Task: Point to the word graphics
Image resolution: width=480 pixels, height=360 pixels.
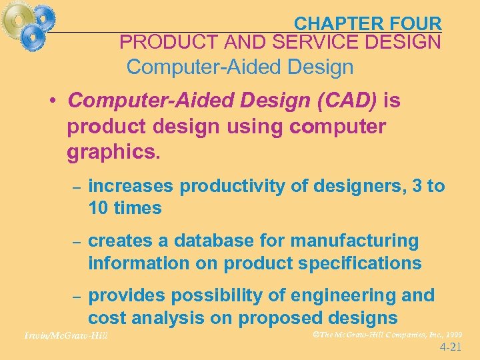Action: (114, 153)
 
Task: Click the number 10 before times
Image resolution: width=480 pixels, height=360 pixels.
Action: (98, 208)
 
